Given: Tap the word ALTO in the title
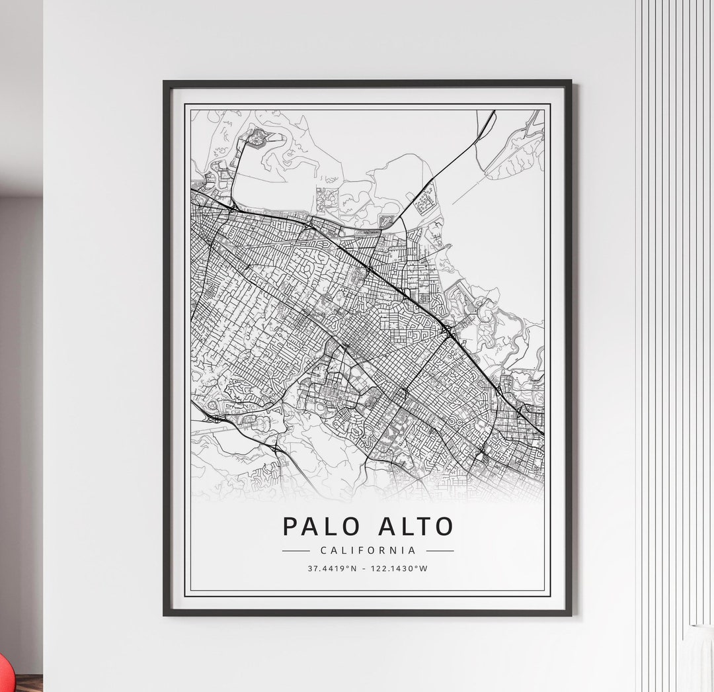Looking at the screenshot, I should pos(416,527).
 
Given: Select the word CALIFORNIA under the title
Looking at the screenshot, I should pos(368,550).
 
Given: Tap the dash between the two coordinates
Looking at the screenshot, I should pos(365,568).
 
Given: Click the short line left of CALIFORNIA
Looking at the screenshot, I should pos(296,550).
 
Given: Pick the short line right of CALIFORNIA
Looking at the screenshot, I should pos(440,550).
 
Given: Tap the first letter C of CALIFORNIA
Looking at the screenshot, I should pos(323,550).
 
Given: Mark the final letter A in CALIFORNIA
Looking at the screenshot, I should pos(413,550).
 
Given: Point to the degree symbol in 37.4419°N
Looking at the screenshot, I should pos(347,566).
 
